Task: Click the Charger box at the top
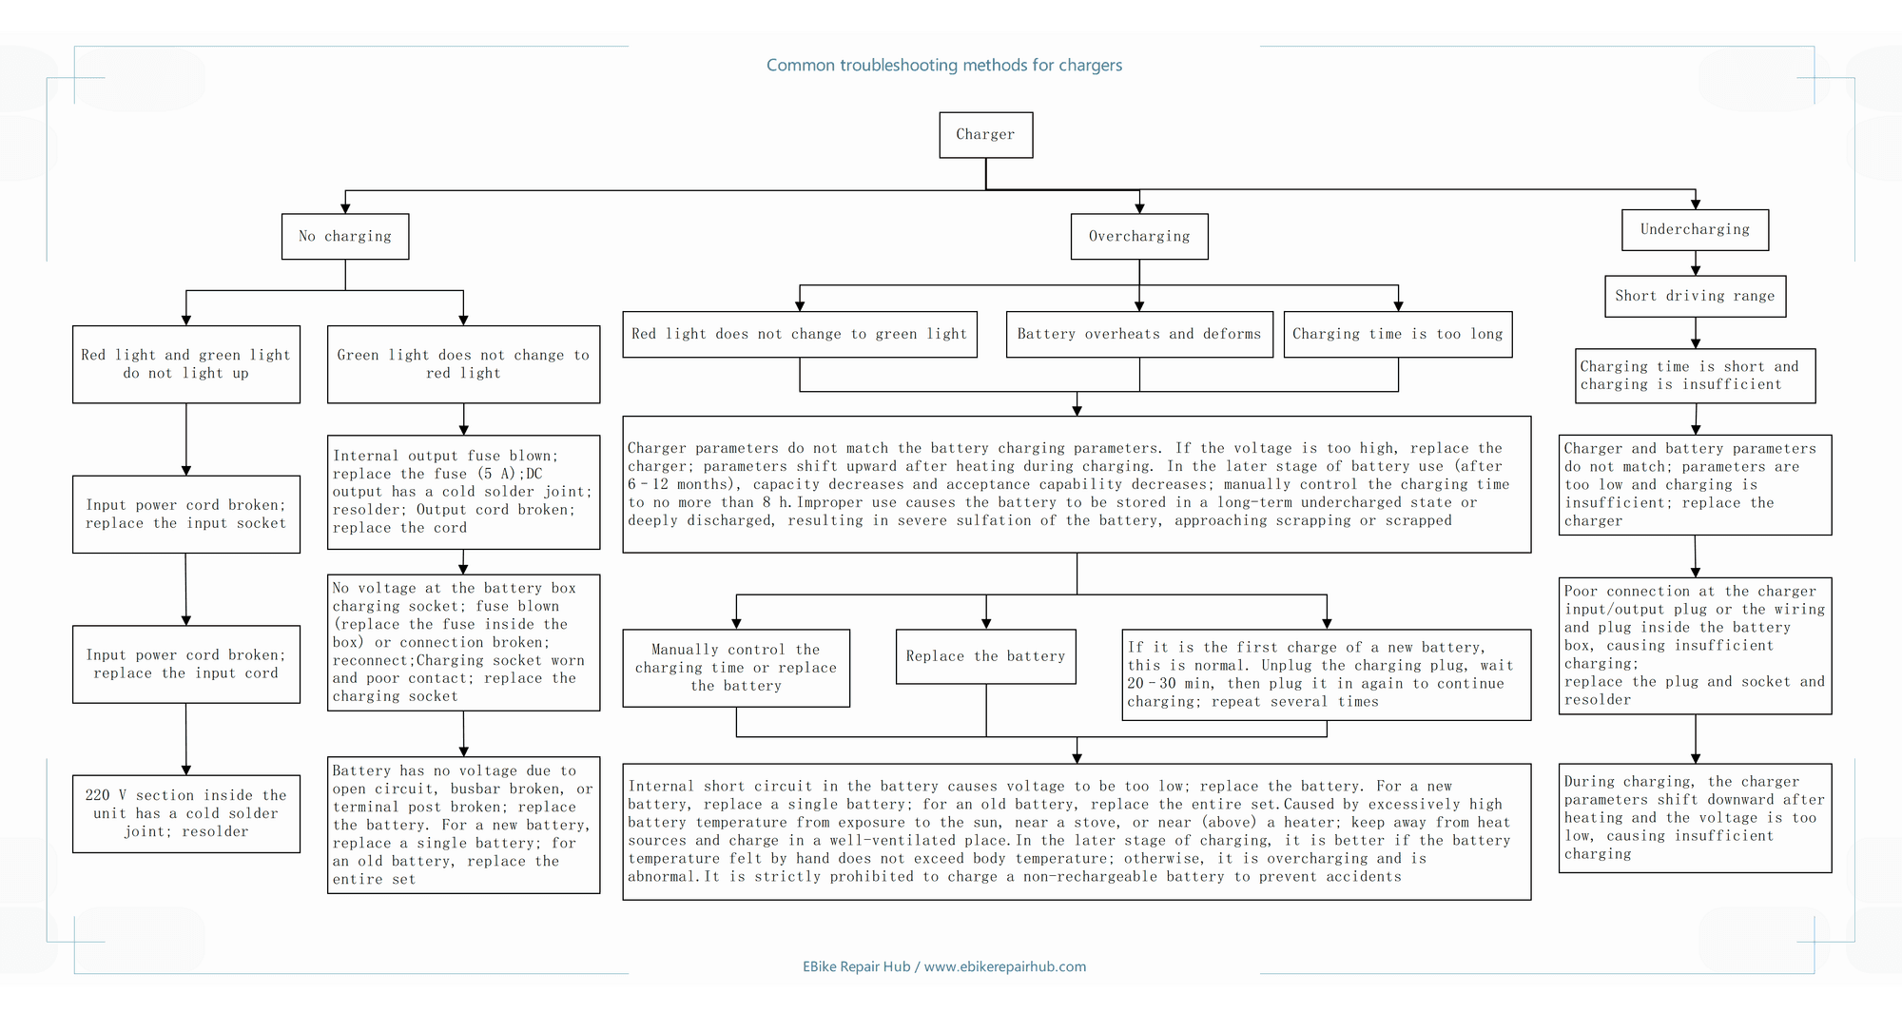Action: point(985,135)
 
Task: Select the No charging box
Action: point(345,236)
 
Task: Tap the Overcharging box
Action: point(1139,236)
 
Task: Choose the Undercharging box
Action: point(1695,229)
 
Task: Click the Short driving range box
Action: point(1695,296)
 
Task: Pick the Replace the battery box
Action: point(985,656)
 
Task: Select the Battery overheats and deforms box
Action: point(1139,334)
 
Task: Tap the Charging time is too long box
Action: point(1398,334)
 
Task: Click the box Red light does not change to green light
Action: point(800,334)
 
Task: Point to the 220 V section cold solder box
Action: point(186,813)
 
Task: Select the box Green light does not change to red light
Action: point(463,364)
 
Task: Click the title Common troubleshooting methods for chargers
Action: point(944,66)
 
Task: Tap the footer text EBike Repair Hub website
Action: point(944,966)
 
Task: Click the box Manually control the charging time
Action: point(736,668)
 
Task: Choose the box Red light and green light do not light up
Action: point(186,364)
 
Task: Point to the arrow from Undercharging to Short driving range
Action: point(1696,263)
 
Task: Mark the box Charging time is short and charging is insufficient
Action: point(1695,376)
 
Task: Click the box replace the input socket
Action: point(186,515)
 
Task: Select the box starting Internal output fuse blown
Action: point(463,492)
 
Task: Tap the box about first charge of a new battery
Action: point(1327,674)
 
